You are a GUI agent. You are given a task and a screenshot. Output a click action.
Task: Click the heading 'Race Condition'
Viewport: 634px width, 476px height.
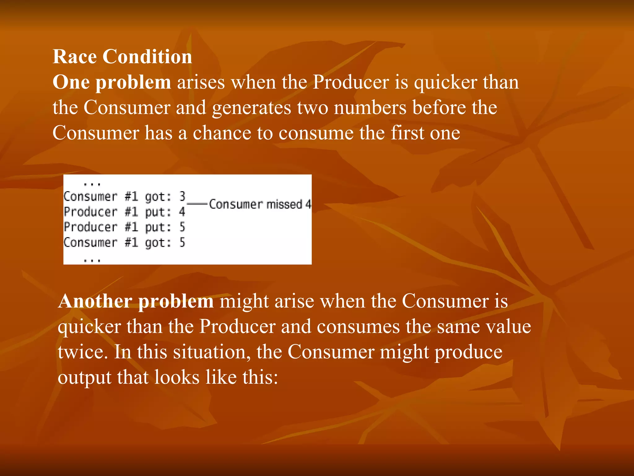[x=122, y=57]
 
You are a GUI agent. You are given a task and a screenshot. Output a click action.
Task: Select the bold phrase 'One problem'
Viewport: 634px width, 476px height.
[x=112, y=82]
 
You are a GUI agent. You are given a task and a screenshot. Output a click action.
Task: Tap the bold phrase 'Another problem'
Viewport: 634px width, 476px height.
[x=136, y=301]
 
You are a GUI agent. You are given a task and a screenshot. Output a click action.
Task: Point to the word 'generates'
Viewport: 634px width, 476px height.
[x=251, y=108]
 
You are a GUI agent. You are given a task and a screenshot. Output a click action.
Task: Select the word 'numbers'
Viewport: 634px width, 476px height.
[x=370, y=108]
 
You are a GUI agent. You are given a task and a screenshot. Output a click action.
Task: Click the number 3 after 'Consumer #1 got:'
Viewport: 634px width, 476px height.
[x=182, y=196]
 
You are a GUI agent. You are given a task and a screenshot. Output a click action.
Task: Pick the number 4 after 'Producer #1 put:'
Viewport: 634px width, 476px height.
[x=182, y=212]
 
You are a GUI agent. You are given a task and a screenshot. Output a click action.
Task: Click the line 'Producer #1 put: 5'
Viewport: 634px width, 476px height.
[x=124, y=227]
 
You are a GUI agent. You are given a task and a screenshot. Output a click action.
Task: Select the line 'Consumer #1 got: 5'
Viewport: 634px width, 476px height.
[x=124, y=242]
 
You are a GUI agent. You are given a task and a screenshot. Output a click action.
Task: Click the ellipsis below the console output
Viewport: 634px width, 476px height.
[x=92, y=261]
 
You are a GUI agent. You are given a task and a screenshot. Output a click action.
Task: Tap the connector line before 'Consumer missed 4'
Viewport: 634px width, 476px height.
[x=197, y=204]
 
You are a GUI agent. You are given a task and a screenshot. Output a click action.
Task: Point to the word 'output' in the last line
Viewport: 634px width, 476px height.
[x=85, y=377]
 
